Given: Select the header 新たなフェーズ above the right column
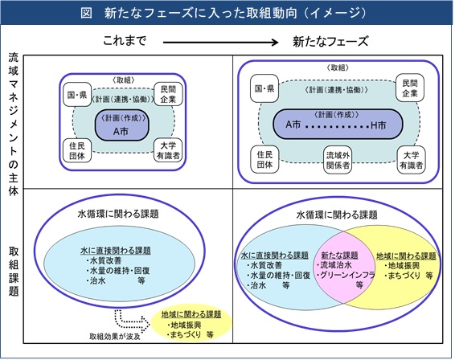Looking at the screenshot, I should tap(330, 40).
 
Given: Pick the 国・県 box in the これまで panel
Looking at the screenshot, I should tap(76, 96).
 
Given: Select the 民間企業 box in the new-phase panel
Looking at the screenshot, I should tap(410, 89).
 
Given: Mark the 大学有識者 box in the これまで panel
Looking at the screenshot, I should tap(167, 150).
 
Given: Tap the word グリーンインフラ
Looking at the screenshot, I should tap(342, 275).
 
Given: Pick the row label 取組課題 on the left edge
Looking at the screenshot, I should tap(13, 270).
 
